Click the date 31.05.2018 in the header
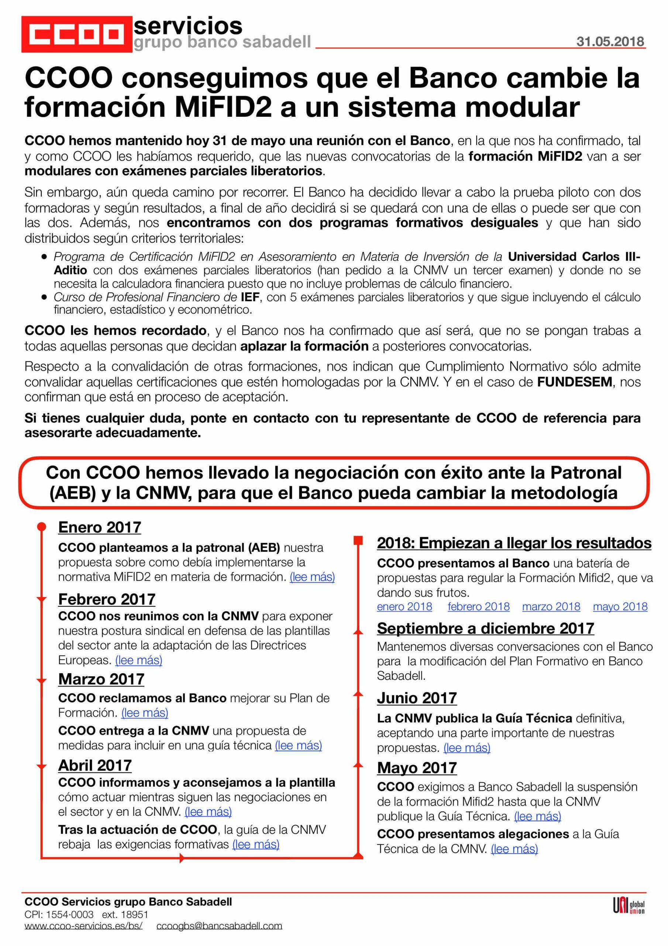(610, 42)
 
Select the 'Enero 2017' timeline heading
(100, 527)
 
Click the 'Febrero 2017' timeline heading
(107, 599)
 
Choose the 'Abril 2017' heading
(95, 765)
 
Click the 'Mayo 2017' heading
(417, 768)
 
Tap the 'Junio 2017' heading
(417, 698)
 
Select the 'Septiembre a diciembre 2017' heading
(485, 628)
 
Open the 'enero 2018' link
(404, 606)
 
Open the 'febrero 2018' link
(478, 606)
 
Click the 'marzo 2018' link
(551, 606)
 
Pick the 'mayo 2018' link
(620, 606)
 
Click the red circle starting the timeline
(42, 527)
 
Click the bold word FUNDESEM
(575, 382)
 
